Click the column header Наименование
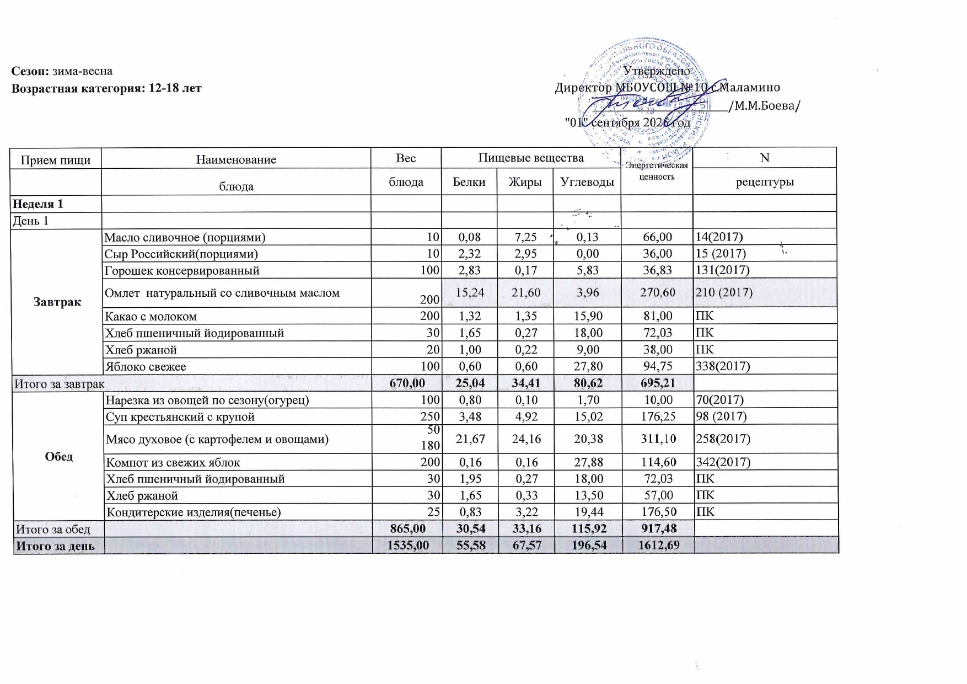coord(236,160)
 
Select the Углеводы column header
coord(587,181)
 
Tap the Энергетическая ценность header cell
coord(656,171)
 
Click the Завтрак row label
coord(57,302)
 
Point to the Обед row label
coord(59,457)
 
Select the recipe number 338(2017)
coord(723,366)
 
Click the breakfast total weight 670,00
coord(407,383)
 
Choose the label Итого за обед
coord(53,529)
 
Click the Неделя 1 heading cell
coord(39,204)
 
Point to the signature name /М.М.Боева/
coord(764,106)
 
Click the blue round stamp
coord(656,94)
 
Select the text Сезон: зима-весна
coord(62,71)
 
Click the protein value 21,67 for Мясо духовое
coord(469,439)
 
